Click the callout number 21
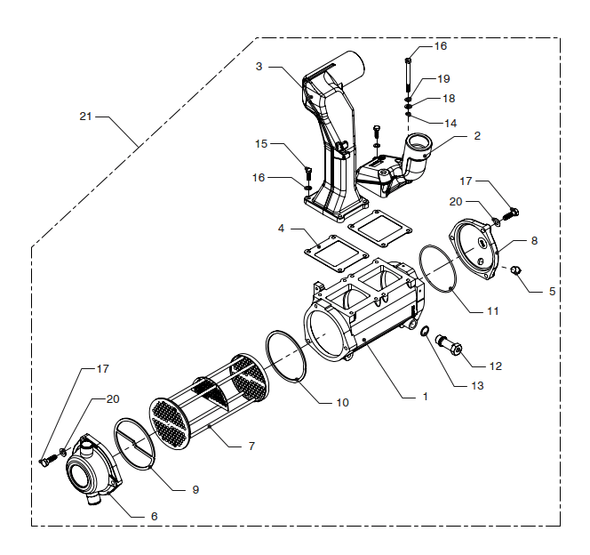coord(85,117)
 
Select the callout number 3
coord(259,67)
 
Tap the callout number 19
coord(443,78)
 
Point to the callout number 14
coord(450,123)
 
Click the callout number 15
coord(261,143)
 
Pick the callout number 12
coord(496,366)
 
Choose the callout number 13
coord(477,385)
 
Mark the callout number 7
coord(251,446)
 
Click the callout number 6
coord(155,516)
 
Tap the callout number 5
coord(552,291)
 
